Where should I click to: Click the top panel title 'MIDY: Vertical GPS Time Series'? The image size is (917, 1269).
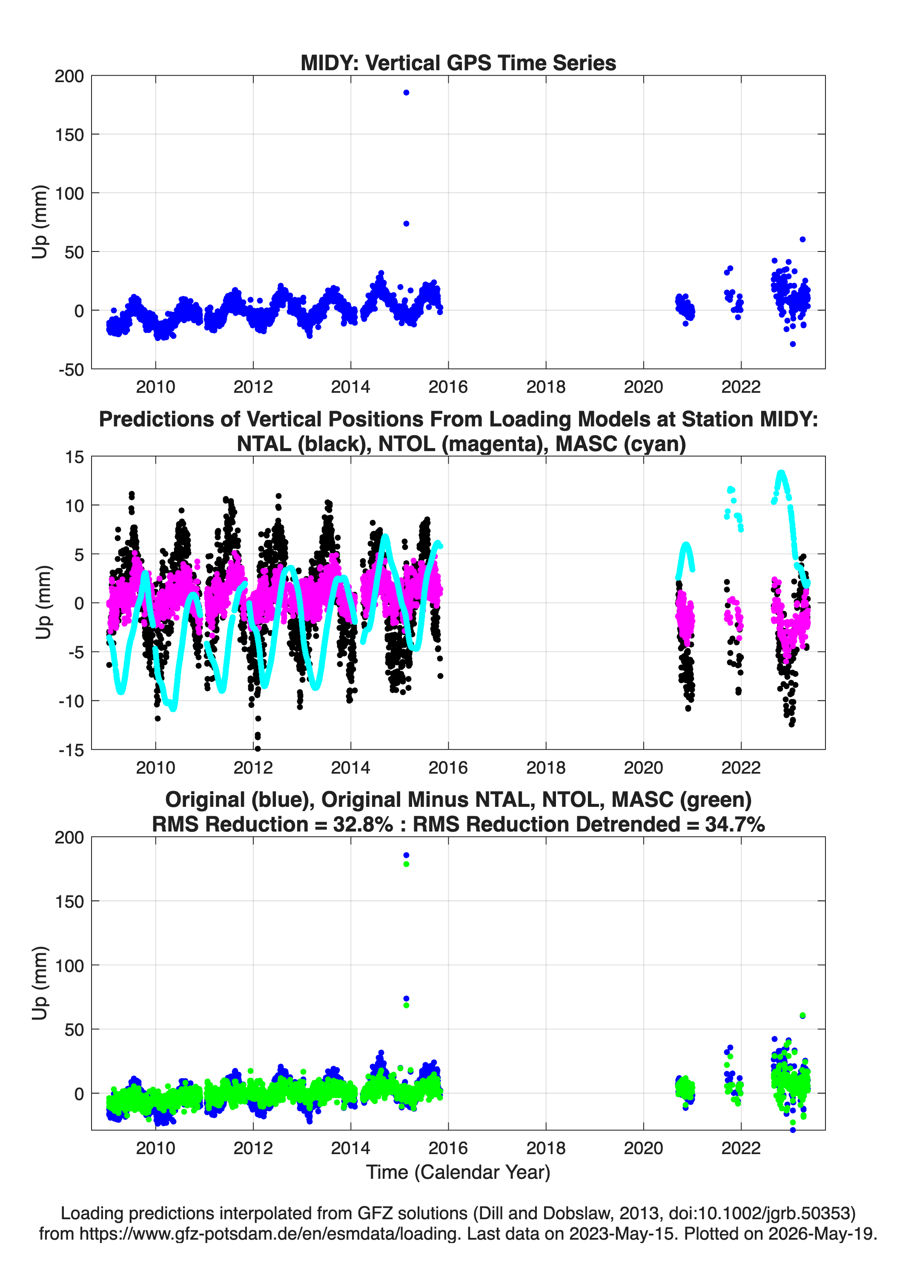pyautogui.click(x=458, y=63)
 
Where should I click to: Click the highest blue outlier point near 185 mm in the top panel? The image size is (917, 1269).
pyautogui.click(x=407, y=92)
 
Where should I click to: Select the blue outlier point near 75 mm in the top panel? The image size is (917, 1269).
pyautogui.click(x=407, y=223)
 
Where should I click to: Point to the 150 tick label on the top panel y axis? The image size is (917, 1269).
pyautogui.click(x=69, y=134)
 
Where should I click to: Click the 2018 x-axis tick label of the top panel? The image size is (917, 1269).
pyautogui.click(x=546, y=387)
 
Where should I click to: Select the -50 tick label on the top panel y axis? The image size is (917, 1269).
pyautogui.click(x=71, y=369)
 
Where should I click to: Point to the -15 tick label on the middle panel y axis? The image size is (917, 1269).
pyautogui.click(x=71, y=750)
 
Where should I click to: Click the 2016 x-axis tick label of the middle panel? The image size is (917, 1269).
pyautogui.click(x=448, y=767)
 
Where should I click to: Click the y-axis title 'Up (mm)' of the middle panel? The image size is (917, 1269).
pyautogui.click(x=43, y=603)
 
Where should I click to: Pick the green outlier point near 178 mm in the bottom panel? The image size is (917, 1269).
pyautogui.click(x=407, y=864)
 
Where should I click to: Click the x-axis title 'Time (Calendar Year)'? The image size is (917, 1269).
pyautogui.click(x=458, y=1172)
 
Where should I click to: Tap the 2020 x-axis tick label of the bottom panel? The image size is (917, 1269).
pyautogui.click(x=643, y=1148)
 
